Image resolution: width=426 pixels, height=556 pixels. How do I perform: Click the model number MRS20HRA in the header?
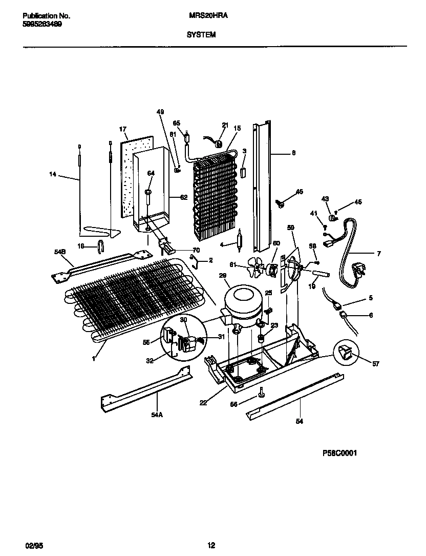point(208,16)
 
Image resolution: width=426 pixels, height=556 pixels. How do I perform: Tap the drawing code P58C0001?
point(339,453)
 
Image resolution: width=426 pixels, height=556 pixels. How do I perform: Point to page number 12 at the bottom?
point(211,545)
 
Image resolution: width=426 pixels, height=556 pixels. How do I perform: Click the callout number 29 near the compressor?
point(223,276)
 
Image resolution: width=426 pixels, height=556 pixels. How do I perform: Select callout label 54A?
point(157,415)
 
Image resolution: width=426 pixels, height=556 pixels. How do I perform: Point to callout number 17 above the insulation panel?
point(123,129)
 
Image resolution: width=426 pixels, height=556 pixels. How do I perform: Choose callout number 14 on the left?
point(52,174)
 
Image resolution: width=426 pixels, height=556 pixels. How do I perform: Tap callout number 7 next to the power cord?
point(378,253)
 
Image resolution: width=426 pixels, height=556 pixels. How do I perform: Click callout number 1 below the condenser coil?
point(94,359)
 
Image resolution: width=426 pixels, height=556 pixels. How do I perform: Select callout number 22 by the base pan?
point(203,403)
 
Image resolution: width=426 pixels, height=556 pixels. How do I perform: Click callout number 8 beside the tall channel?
point(293,152)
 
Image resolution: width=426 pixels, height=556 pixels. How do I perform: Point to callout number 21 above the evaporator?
point(225,125)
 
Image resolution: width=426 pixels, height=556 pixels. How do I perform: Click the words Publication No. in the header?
point(47,16)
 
